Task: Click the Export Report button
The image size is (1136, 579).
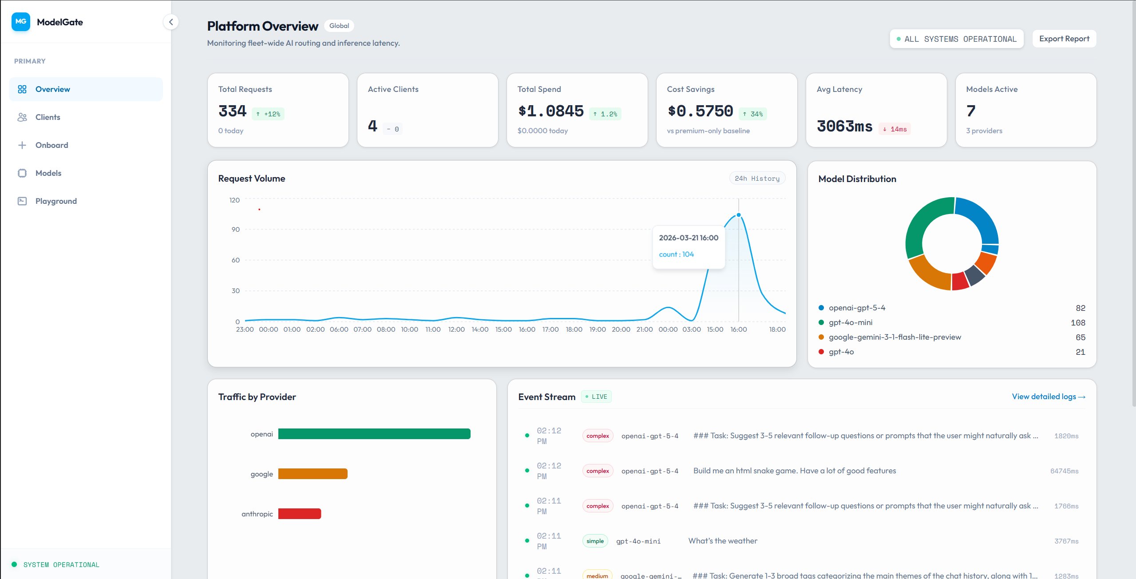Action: click(x=1064, y=39)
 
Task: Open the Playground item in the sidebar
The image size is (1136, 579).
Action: click(x=56, y=201)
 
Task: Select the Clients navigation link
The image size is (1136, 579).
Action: click(x=47, y=117)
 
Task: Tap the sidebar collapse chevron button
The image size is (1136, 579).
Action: click(x=171, y=22)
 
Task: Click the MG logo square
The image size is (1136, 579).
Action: click(x=21, y=22)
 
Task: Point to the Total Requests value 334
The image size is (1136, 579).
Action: click(x=232, y=111)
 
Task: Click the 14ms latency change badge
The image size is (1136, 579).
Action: click(x=895, y=129)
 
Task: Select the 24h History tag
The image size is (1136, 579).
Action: click(x=757, y=178)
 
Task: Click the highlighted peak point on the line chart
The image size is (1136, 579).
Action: click(x=739, y=215)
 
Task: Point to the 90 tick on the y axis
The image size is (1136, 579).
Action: click(x=235, y=230)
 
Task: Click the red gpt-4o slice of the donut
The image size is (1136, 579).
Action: click(x=960, y=281)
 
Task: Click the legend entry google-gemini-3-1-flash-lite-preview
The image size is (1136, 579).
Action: click(x=895, y=337)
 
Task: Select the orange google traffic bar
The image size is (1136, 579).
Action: click(x=313, y=474)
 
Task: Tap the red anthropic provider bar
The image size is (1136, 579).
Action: click(x=299, y=514)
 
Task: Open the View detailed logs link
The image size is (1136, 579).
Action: click(x=1048, y=397)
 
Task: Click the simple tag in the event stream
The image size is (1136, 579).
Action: click(x=595, y=541)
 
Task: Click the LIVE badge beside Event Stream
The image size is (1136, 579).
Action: click(x=596, y=397)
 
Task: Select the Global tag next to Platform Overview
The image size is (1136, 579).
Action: click(x=339, y=26)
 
